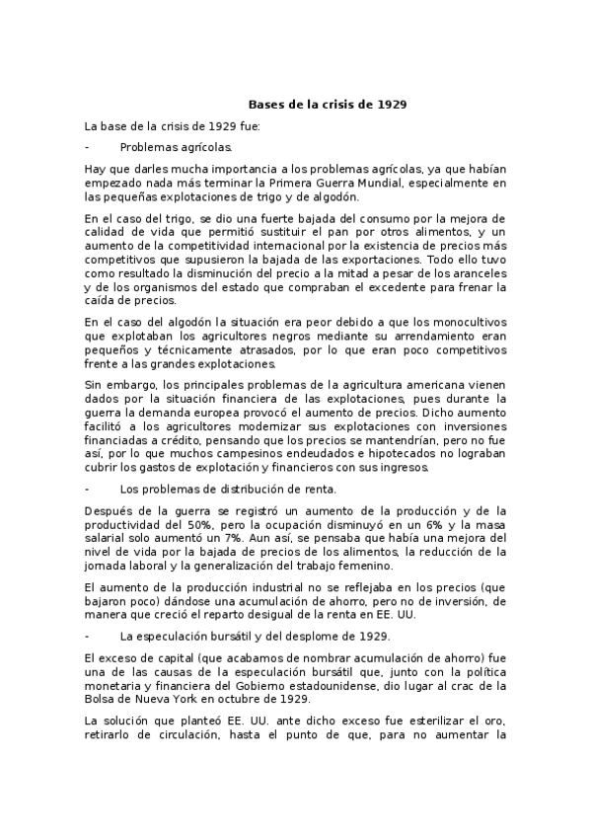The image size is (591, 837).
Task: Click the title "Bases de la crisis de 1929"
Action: (x=327, y=104)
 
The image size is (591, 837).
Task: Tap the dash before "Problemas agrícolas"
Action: (x=88, y=147)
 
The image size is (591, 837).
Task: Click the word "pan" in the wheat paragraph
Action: (x=332, y=231)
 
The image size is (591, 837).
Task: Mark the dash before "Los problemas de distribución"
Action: (x=88, y=488)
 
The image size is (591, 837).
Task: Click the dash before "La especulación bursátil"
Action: (x=88, y=635)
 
